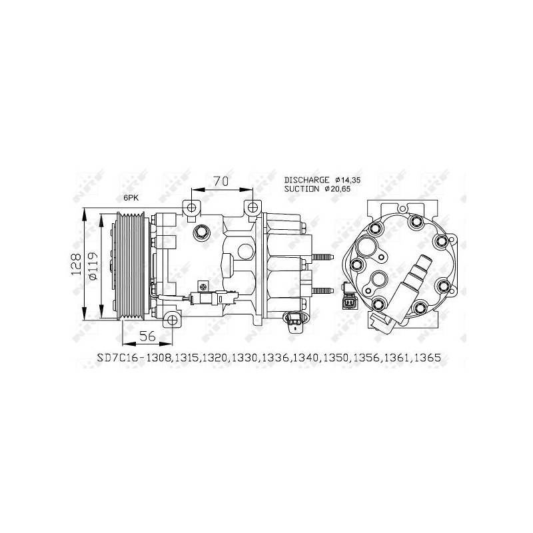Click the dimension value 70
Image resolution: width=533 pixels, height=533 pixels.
coord(221,181)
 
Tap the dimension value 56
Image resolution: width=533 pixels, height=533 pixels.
coord(147,336)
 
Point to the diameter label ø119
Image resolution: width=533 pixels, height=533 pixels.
coord(93,266)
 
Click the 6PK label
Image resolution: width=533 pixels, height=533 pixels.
coord(131,198)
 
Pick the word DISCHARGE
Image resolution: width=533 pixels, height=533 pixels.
coord(306,180)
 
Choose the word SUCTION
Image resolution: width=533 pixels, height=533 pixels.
coord(302,189)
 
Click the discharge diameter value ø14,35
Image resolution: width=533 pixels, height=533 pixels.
coord(347,180)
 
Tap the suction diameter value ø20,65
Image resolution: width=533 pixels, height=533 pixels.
coord(337,189)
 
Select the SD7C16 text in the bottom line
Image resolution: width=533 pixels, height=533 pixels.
coord(116,358)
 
